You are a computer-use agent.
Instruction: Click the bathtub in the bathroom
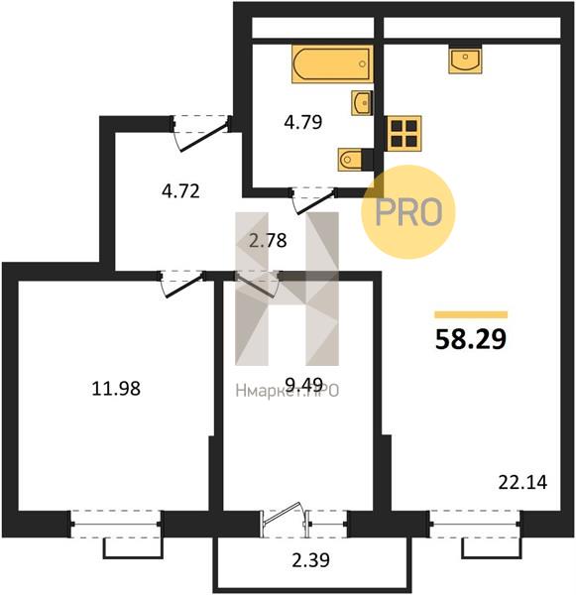point(332,64)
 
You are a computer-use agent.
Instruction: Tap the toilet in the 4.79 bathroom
point(350,160)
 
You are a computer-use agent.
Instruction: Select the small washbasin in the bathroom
point(362,103)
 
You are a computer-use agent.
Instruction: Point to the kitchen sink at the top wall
point(465,60)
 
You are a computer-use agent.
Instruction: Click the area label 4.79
point(303,122)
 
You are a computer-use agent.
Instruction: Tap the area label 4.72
point(180,190)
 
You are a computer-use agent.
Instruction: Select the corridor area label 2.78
point(268,240)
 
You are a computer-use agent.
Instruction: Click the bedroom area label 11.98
point(116,389)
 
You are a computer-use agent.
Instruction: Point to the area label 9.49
point(304,385)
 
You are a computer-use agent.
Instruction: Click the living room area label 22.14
point(522,483)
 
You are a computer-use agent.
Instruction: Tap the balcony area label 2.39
point(310,559)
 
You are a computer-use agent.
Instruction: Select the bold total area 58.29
point(471,339)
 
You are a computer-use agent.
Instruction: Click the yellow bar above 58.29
point(471,314)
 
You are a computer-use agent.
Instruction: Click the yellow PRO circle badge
point(407,212)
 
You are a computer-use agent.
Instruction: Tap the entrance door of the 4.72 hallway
point(200,134)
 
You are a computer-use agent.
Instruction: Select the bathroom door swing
point(314,200)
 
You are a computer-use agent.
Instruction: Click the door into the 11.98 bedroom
point(183,284)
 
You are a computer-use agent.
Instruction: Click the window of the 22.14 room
point(475,524)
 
